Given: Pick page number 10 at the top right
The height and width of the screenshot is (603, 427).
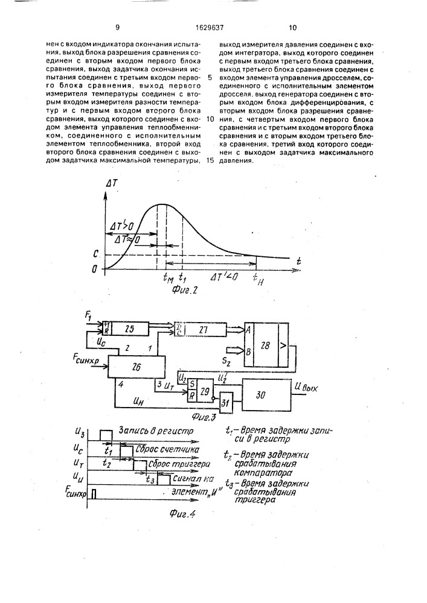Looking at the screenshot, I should point(293,27).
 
